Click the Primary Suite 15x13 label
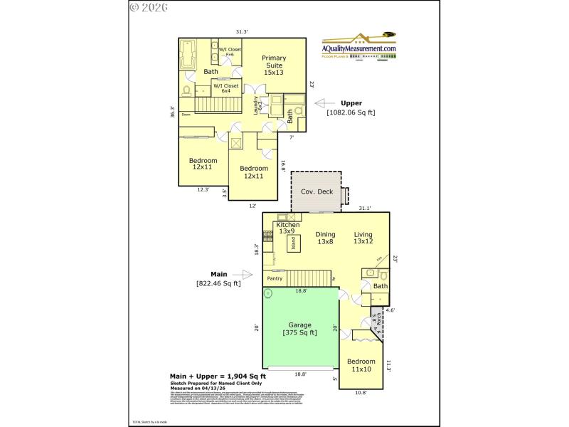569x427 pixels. [274, 65]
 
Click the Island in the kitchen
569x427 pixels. [292, 243]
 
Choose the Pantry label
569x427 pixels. [275, 278]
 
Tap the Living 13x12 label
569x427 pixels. [363, 238]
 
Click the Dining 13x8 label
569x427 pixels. [325, 238]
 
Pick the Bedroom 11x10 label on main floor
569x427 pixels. [362, 366]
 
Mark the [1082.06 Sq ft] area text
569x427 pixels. [351, 112]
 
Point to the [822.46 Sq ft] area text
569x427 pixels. [218, 283]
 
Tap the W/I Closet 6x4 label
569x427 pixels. [225, 88]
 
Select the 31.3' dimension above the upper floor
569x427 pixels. [241, 31]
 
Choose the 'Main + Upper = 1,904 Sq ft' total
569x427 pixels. [218, 376]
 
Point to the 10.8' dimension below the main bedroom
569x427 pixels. [361, 393]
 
